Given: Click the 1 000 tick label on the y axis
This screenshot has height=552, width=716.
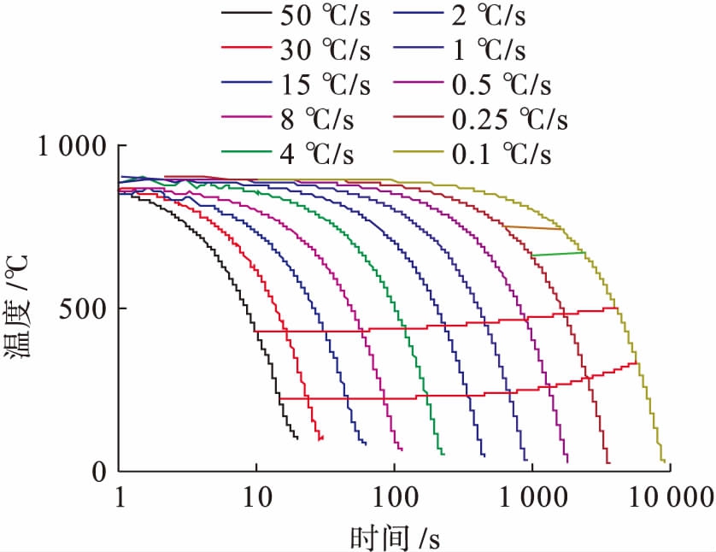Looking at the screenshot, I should (70, 146).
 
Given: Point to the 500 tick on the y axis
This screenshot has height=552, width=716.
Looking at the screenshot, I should (85, 308).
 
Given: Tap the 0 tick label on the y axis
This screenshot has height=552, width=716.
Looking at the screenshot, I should (101, 471).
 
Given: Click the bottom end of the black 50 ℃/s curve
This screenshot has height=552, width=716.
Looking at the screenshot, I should (296, 437).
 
